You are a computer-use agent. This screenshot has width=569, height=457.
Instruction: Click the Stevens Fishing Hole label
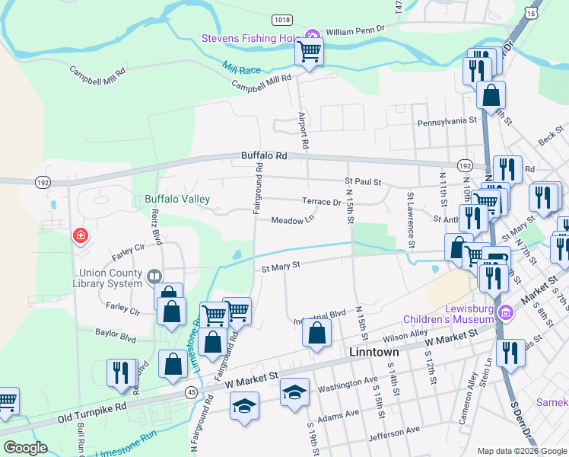pos(251,38)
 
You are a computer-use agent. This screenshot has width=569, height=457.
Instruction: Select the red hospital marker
pos(80,237)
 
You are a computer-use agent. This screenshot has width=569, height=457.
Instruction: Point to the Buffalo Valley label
pos(177,200)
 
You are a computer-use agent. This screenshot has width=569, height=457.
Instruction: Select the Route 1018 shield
pos(282,21)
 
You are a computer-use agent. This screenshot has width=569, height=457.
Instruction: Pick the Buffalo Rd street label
pos(264,155)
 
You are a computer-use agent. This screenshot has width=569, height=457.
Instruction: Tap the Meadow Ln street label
pos(294,220)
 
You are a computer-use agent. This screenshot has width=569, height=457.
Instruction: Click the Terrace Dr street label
pos(321,202)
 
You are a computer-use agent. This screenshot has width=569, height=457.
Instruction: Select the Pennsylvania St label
pos(446,120)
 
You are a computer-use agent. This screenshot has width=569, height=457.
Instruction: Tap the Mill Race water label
pos(242,68)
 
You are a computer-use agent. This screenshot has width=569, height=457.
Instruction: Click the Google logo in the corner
pos(25,448)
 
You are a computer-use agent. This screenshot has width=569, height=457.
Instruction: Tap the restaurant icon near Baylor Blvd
pos(122,373)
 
